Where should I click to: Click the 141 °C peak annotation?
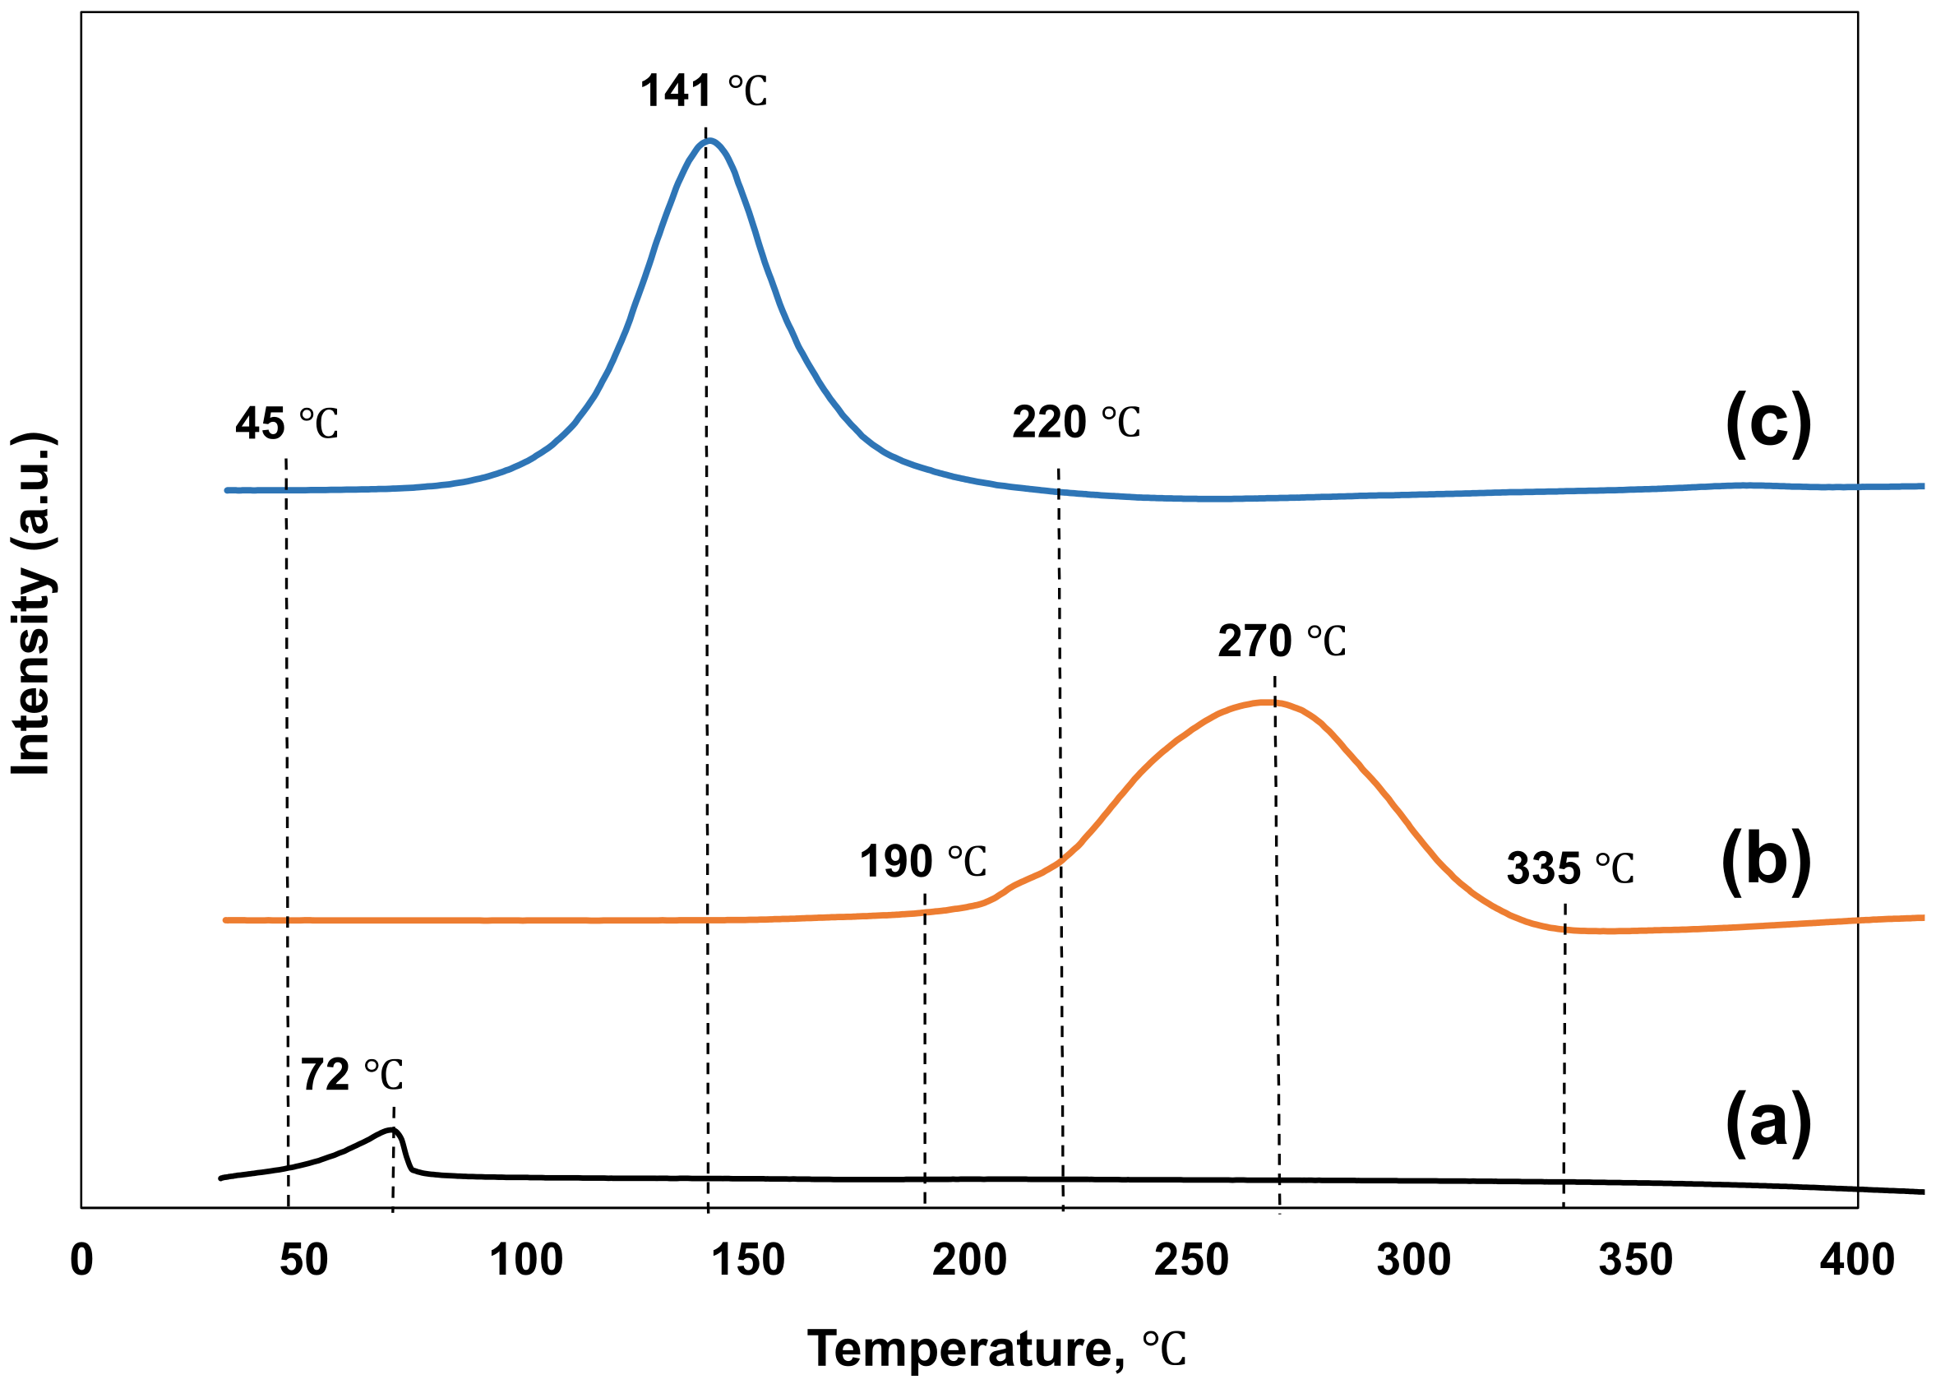click(703, 90)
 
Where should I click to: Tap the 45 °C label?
click(286, 424)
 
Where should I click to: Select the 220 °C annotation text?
click(1075, 422)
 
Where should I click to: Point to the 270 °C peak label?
click(1281, 641)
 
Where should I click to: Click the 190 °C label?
click(922, 861)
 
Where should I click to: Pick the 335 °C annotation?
click(1569, 868)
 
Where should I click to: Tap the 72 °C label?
click(351, 1075)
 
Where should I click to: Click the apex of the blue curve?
click(707, 140)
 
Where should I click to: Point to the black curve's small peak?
click(393, 1130)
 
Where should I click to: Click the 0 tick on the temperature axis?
click(81, 1260)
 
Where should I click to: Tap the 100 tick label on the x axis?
click(525, 1260)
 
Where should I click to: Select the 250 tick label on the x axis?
click(1191, 1260)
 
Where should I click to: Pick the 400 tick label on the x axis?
click(1857, 1260)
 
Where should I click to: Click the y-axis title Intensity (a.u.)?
click(32, 604)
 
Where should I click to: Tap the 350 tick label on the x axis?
click(1635, 1260)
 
